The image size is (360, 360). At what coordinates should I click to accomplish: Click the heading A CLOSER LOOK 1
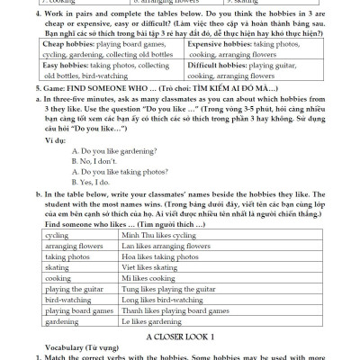tap(180, 335)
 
